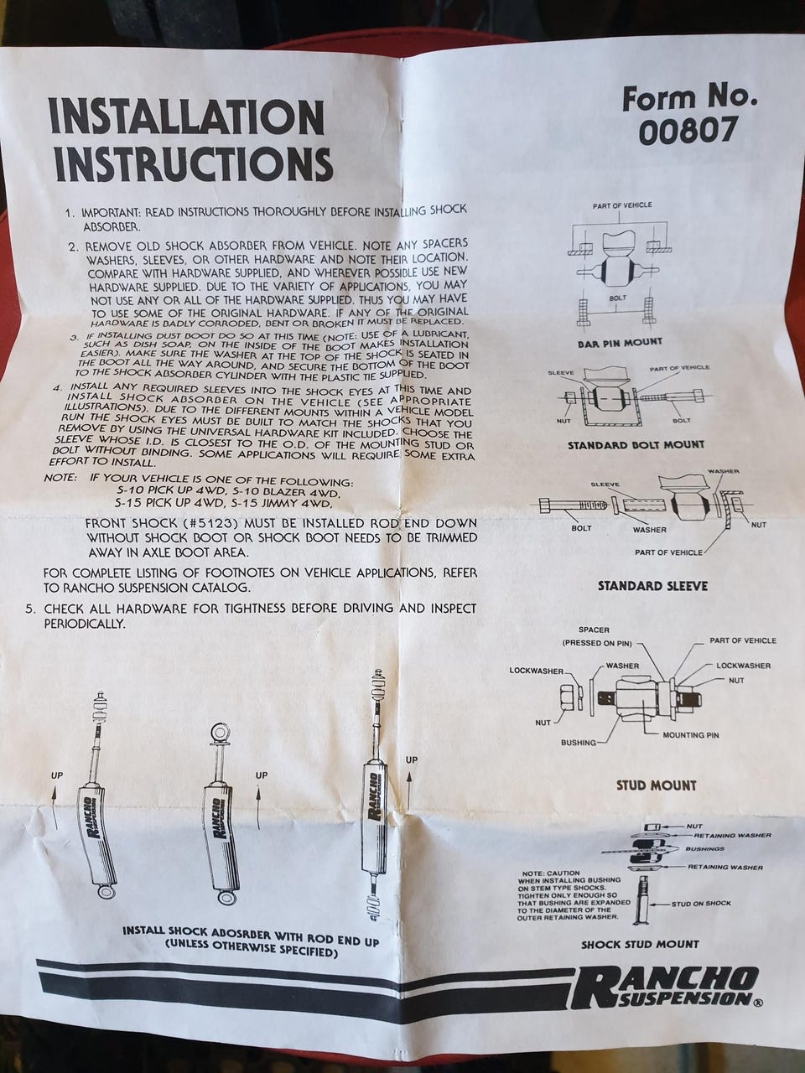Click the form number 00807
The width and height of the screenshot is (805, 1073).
click(x=688, y=132)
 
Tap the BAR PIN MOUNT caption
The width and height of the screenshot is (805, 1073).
click(x=620, y=343)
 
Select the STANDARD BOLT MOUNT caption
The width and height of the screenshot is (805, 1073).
click(x=636, y=445)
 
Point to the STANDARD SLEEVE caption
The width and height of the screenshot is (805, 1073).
click(x=652, y=586)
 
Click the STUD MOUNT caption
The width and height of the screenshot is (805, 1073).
click(x=656, y=785)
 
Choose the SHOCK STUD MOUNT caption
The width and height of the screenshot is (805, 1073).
click(x=640, y=945)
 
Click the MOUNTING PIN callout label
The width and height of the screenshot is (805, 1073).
click(x=691, y=734)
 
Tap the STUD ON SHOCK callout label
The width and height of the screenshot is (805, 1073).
click(x=701, y=904)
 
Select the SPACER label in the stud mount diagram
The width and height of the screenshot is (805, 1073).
click(x=594, y=630)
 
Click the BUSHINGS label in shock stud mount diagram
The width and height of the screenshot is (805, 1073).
click(x=704, y=849)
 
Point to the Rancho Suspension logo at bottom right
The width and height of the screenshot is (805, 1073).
click(x=667, y=992)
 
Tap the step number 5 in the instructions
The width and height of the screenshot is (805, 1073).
click(x=30, y=610)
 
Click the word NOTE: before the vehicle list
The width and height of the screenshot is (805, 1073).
click(x=60, y=478)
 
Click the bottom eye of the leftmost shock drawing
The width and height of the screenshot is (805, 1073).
click(x=105, y=892)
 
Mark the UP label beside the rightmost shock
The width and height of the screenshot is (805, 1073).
click(x=412, y=760)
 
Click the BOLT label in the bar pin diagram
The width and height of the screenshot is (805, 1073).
click(x=617, y=298)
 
